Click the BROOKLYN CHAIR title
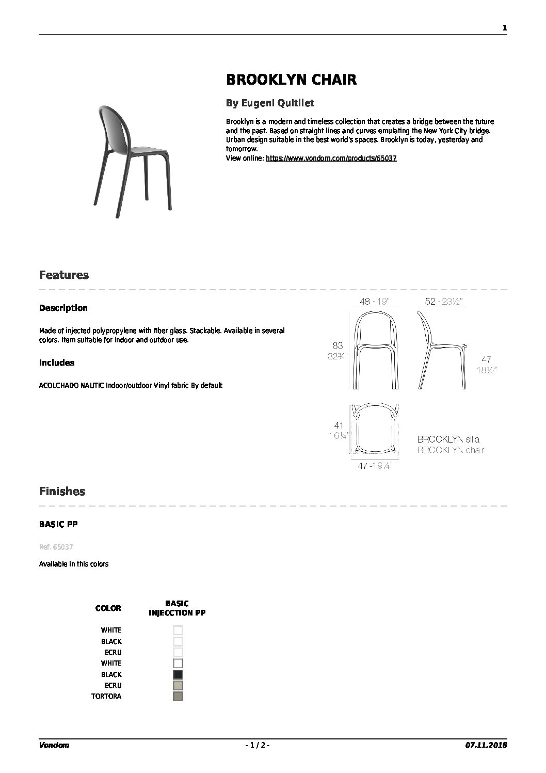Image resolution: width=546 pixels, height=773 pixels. [291, 80]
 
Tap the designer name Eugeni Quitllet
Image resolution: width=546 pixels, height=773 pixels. [270, 103]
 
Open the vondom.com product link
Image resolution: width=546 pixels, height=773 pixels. [331, 158]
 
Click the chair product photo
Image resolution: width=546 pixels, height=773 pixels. [133, 157]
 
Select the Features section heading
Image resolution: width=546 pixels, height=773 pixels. [64, 275]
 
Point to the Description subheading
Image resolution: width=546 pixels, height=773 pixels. [63, 308]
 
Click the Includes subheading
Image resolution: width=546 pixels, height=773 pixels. [57, 362]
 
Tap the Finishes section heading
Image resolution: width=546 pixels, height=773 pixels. [62, 492]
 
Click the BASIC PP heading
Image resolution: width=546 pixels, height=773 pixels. [58, 524]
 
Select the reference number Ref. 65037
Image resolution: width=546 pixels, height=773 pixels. [55, 547]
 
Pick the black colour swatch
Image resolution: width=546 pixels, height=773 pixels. [178, 674]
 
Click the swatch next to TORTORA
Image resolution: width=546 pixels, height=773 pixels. [178, 697]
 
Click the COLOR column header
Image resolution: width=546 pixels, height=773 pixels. [108, 608]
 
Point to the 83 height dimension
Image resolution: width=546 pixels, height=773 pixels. [338, 345]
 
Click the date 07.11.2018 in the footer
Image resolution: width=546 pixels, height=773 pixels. [486, 745]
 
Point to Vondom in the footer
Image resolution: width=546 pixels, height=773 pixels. [54, 745]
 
